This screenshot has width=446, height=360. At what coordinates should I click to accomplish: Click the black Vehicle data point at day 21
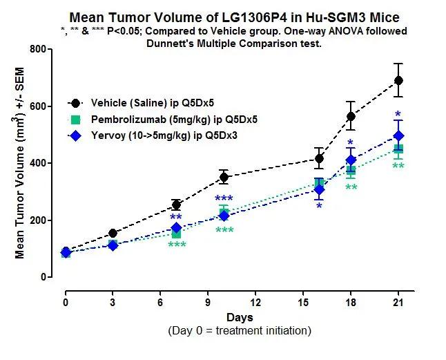point(398,81)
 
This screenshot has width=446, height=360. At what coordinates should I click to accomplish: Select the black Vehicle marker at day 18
point(351,116)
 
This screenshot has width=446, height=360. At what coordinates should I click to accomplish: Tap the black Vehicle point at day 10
point(224,177)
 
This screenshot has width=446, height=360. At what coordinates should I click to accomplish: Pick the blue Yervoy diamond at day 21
point(398,136)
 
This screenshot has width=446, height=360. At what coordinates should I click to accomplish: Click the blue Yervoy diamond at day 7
point(176,228)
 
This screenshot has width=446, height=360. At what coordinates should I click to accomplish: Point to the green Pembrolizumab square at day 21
point(398,149)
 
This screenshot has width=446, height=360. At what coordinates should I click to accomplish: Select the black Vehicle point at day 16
point(319,159)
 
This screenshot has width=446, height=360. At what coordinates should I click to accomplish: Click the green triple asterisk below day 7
point(177,245)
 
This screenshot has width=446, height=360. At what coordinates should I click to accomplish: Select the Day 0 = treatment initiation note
point(239,331)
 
